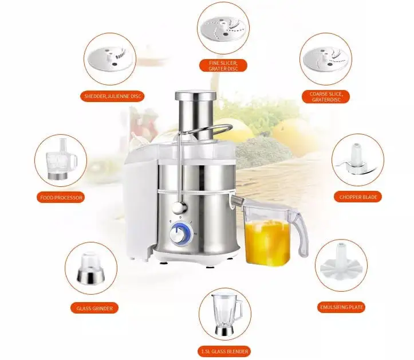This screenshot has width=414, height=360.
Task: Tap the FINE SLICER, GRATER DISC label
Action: pos(223,65)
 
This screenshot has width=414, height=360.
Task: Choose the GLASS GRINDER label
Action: pos(94,308)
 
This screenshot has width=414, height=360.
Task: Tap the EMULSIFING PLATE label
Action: pos(341,307)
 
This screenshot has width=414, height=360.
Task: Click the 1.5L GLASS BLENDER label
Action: pos(224,350)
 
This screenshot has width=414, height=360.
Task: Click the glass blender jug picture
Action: pos(225,315)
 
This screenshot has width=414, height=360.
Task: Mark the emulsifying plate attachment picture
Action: pos(342,266)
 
